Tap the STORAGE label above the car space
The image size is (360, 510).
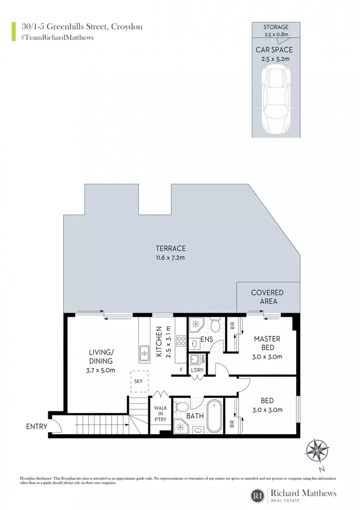pyautogui.click(x=276, y=27)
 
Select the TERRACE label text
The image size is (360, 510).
pyautogui.click(x=171, y=249)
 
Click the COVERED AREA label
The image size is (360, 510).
pyautogui.click(x=267, y=297)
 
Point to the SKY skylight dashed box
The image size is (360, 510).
pyautogui.click(x=139, y=381)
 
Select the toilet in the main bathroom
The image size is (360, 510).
pyautogui.click(x=181, y=406)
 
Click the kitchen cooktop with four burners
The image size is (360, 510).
pyautogui.click(x=181, y=341)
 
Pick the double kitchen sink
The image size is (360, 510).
pyautogui.click(x=144, y=354)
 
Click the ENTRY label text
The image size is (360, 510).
pyautogui.click(x=37, y=426)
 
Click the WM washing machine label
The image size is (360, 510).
pyautogui.click(x=203, y=359)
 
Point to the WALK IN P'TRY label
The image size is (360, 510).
pyautogui.click(x=160, y=414)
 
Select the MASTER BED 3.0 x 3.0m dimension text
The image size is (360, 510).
pyautogui.click(x=267, y=357)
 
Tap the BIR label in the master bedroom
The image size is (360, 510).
pyautogui.click(x=233, y=326)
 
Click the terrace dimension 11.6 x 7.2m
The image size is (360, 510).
pyautogui.click(x=170, y=258)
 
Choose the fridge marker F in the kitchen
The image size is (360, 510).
pyautogui.click(x=182, y=370)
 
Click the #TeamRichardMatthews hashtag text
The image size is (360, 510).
pyautogui.click(x=57, y=37)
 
